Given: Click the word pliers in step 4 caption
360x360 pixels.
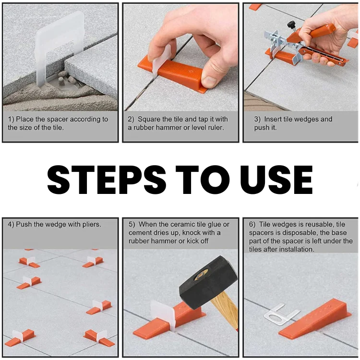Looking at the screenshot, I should [x=90, y=224].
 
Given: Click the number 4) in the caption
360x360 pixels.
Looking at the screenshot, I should [x=12, y=224].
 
